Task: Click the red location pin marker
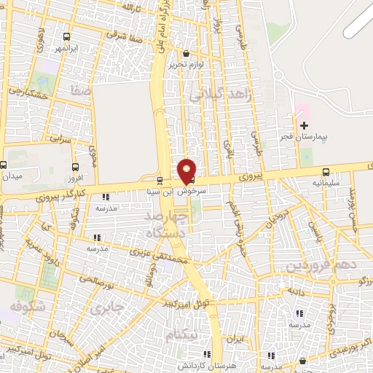(186, 170)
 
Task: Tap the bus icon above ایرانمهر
(67, 36)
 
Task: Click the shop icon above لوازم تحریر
(186, 53)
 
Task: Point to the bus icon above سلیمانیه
(325, 172)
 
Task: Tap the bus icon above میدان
(3, 165)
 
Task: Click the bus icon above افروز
(76, 167)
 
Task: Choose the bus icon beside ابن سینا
(160, 180)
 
